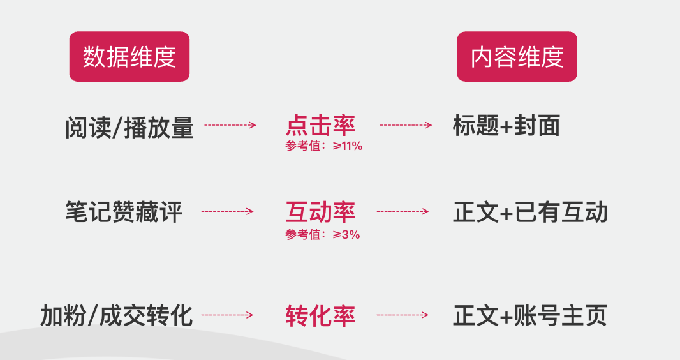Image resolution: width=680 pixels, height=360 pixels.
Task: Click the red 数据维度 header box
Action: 129,57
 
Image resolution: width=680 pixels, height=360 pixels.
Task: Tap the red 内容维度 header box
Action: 517,57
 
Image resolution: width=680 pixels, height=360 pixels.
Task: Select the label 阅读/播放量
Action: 129,128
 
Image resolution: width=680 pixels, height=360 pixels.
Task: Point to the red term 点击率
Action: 320,124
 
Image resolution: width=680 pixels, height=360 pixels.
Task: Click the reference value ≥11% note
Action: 324,146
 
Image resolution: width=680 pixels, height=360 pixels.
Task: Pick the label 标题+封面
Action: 506,126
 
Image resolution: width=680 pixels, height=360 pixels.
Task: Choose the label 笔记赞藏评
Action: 124,212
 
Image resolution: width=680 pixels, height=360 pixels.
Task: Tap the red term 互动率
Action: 320,211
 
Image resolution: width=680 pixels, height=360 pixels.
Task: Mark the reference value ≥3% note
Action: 323,234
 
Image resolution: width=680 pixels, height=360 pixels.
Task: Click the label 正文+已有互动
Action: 530,212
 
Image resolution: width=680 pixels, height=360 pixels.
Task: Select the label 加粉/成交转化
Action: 116,315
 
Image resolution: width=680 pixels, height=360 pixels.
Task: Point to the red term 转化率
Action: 320,315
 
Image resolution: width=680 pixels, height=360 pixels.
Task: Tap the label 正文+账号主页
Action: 529,315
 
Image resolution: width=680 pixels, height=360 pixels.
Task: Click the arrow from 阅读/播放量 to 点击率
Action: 230,125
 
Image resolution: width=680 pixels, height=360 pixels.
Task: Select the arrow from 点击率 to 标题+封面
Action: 406,125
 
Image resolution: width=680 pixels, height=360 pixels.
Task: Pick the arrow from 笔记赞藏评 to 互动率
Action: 227,211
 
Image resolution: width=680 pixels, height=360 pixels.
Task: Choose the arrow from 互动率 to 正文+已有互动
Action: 403,211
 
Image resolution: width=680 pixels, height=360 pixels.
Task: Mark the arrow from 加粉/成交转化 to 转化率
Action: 227,315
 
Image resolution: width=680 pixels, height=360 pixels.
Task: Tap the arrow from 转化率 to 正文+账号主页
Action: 403,315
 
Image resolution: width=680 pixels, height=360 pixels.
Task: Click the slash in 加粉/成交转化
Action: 92,316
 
